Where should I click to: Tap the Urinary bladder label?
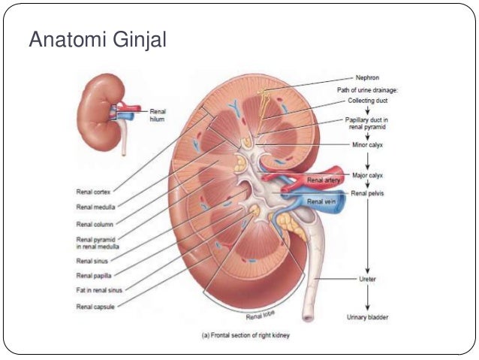[x=366, y=317]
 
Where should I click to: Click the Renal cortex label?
[x=95, y=192]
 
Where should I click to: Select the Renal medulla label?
[x=97, y=207]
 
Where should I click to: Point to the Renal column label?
[x=96, y=224]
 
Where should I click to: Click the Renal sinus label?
[x=94, y=261]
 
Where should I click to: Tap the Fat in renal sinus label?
[x=100, y=289]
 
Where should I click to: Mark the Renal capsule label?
[x=96, y=306]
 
